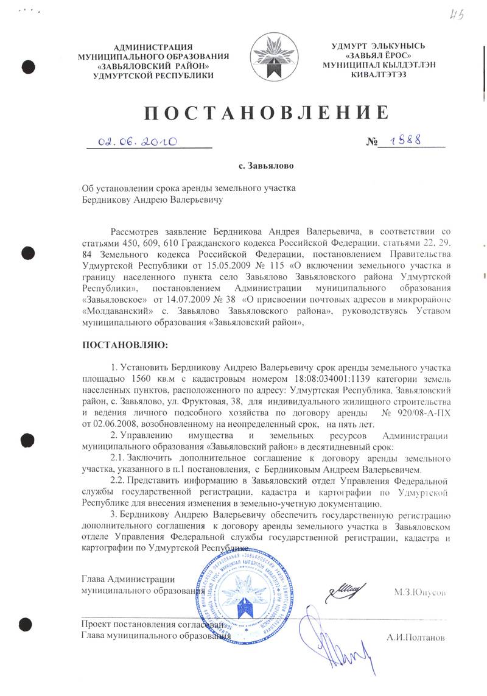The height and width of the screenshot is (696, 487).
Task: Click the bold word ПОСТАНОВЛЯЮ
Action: pos(125,345)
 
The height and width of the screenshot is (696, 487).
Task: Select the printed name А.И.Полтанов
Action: pos(416,638)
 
